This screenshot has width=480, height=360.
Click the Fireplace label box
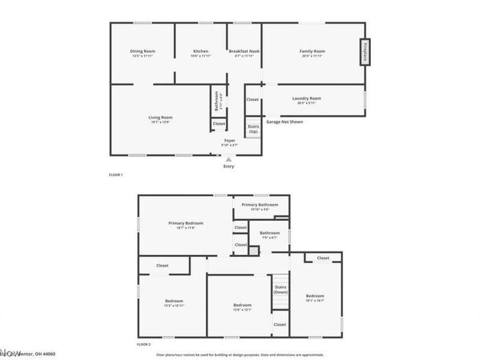364,52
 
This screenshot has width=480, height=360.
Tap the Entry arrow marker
228,159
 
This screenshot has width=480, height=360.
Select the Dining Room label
143,52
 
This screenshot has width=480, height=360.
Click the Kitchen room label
200,52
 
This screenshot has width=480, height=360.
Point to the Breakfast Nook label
244,52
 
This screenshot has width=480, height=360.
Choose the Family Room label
312,52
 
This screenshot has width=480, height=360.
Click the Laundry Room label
307,98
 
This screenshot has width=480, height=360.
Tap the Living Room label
161,118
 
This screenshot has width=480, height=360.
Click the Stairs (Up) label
253,129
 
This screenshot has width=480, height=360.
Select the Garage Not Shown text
284,122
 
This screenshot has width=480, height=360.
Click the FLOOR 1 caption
115,175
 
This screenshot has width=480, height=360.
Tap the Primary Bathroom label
260,205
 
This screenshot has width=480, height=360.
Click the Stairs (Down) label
281,289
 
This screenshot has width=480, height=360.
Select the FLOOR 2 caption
143,345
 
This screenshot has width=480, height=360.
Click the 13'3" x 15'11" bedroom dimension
174,305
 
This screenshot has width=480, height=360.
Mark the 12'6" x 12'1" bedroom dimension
242,310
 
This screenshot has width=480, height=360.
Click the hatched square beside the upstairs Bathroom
254,252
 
